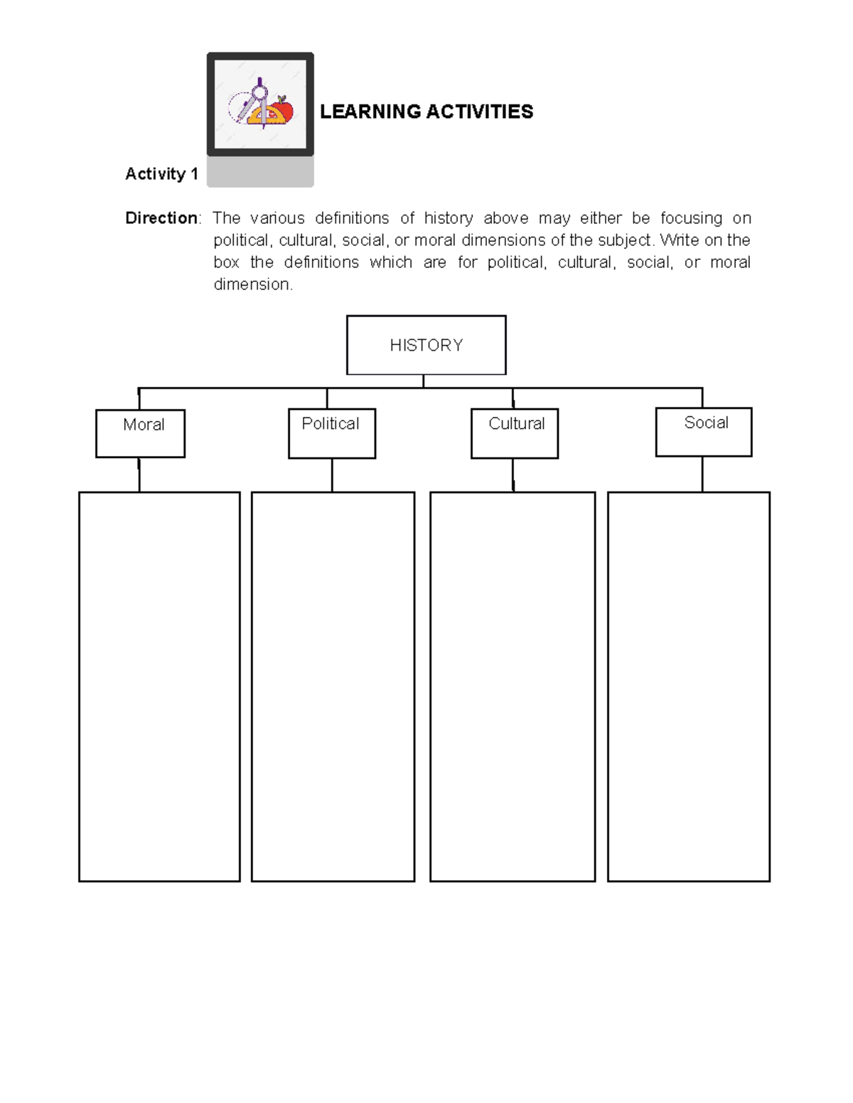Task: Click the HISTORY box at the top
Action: tap(426, 345)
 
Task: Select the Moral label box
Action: tap(140, 433)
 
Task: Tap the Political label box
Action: tap(331, 433)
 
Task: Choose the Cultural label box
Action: tap(514, 433)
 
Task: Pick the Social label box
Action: tap(703, 432)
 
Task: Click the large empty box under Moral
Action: tap(159, 686)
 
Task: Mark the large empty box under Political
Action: tap(333, 686)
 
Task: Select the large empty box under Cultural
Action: tap(512, 686)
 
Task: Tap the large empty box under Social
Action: tap(688, 686)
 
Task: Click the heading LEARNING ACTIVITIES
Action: tap(426, 112)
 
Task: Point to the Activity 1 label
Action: tap(161, 174)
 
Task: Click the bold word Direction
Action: tap(161, 218)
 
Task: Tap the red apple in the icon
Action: tap(284, 110)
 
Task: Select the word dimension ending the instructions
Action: tap(252, 285)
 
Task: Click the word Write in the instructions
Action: tap(680, 240)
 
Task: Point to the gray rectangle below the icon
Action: tap(260, 172)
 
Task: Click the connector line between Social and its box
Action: tap(702, 474)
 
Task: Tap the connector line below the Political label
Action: tap(332, 475)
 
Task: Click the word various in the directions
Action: tap(277, 218)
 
